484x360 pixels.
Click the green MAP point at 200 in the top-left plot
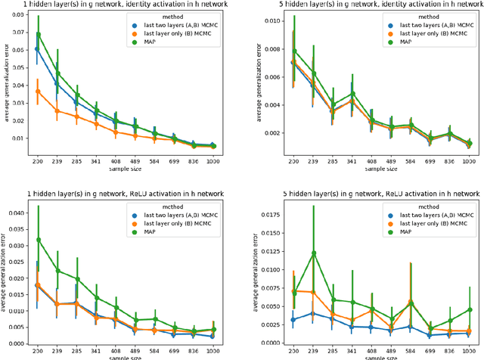39,34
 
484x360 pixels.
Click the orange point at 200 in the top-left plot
39,92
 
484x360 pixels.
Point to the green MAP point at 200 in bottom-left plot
39,240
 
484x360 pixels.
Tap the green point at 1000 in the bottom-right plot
469,309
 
